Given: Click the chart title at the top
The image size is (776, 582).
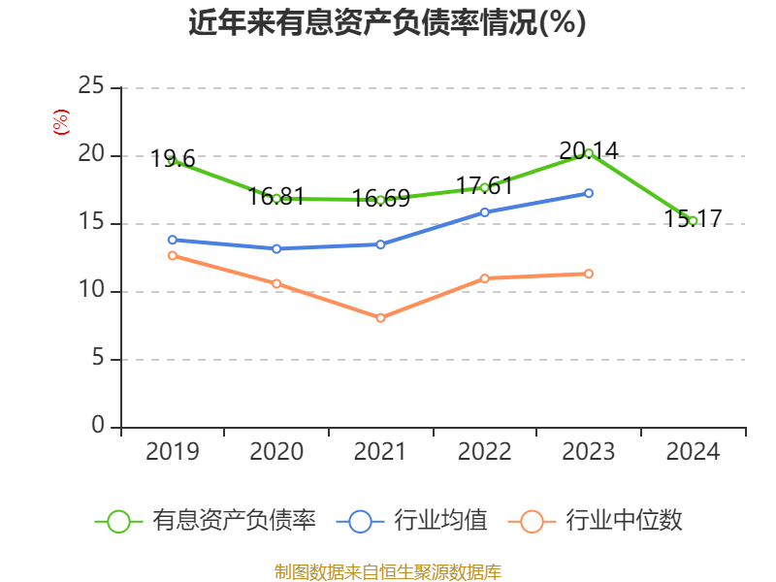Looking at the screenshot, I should (x=387, y=22).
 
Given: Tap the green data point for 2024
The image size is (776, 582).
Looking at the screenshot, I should (x=693, y=221).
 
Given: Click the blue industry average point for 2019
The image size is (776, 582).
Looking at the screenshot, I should (x=173, y=240).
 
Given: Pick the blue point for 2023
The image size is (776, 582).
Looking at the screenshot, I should (x=589, y=193).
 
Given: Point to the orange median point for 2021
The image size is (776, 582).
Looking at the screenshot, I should (x=380, y=318).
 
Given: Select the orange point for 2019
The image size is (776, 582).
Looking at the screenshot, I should (x=173, y=255).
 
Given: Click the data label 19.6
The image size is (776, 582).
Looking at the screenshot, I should (x=174, y=159).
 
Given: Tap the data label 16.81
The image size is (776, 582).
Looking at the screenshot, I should (x=276, y=197).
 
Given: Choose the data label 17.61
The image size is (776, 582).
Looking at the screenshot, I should (x=485, y=185).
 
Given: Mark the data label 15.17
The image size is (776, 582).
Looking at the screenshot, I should (x=693, y=218).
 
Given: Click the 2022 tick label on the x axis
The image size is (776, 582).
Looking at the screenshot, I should (x=485, y=451).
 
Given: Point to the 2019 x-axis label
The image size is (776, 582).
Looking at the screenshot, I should (x=173, y=451).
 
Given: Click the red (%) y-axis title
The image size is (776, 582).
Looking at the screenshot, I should (x=60, y=121).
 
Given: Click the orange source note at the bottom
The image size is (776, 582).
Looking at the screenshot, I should (x=388, y=571).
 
